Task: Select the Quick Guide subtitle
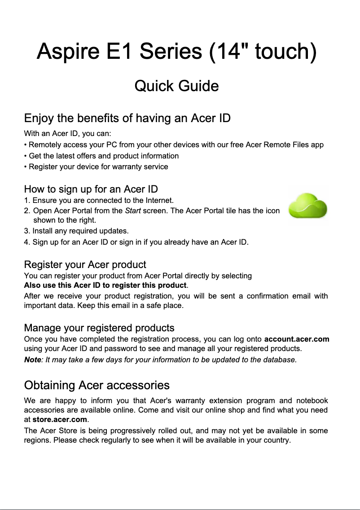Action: point(176,86)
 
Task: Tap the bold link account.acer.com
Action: point(297,339)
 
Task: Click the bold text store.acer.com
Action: point(60,420)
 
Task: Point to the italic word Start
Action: point(132,211)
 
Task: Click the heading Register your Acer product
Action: point(85,264)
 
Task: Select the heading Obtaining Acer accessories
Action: point(97,385)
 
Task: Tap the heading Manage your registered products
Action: point(99,328)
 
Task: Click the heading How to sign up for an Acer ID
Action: point(91,189)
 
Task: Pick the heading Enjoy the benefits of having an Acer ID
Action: point(127,119)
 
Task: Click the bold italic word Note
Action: point(32,360)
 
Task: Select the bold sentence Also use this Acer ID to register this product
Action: point(105,286)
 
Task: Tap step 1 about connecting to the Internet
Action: point(99,200)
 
